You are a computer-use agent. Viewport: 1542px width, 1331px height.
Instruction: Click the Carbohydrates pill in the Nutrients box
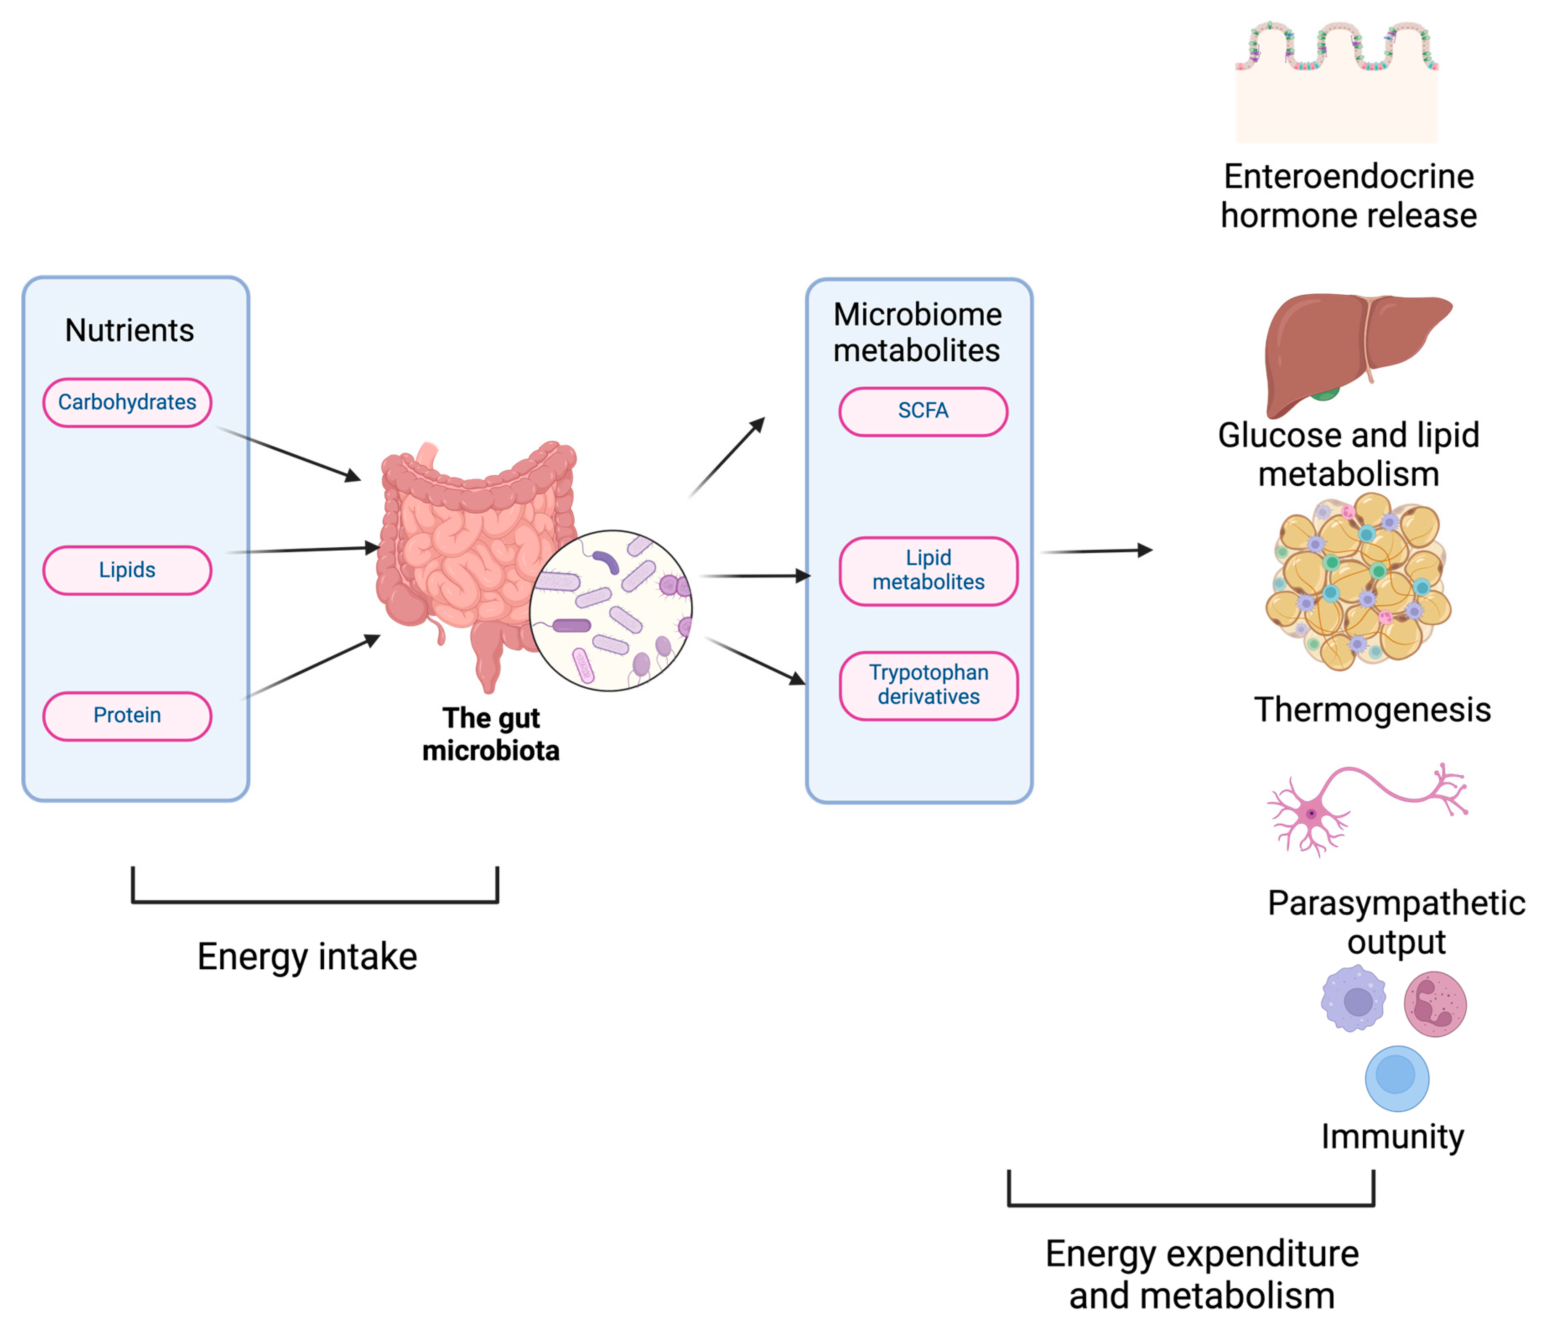pos(127,402)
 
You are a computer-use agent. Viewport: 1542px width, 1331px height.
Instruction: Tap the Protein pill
pos(127,716)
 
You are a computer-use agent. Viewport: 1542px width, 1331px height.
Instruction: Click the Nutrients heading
pos(130,330)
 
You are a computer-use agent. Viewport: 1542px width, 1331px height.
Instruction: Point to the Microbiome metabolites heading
pos(917,333)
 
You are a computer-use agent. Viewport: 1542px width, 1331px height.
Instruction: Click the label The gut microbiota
pos(491,734)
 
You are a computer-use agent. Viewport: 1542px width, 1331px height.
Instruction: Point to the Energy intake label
pos(307,957)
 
